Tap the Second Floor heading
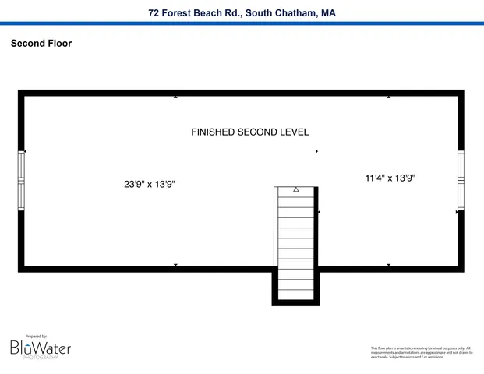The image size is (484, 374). click(x=41, y=44)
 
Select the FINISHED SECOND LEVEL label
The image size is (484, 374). click(x=249, y=132)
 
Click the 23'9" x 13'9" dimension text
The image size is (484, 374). click(x=149, y=185)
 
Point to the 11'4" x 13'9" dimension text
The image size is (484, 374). click(x=390, y=178)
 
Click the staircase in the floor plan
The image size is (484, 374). click(x=295, y=242)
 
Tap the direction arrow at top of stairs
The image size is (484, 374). click(x=296, y=189)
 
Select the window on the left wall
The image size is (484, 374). click(x=22, y=180)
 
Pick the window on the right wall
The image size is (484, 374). click(x=461, y=180)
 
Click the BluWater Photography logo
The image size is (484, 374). click(x=41, y=348)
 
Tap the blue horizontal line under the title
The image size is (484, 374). click(x=242, y=23)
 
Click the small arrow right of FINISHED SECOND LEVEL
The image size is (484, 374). click(x=316, y=151)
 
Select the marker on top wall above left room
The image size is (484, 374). click(x=175, y=97)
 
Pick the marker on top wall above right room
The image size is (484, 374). click(x=389, y=97)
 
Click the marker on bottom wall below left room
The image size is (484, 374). click(x=175, y=266)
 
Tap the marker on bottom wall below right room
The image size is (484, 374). click(x=389, y=266)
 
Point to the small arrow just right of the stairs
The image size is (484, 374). click(x=320, y=212)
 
